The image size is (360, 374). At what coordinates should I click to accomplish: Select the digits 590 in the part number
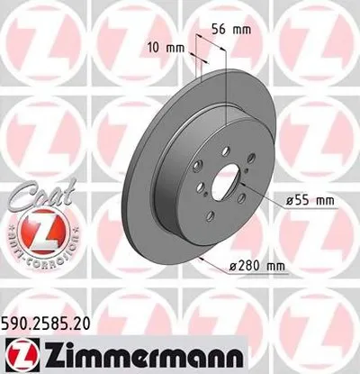(x=17, y=320)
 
